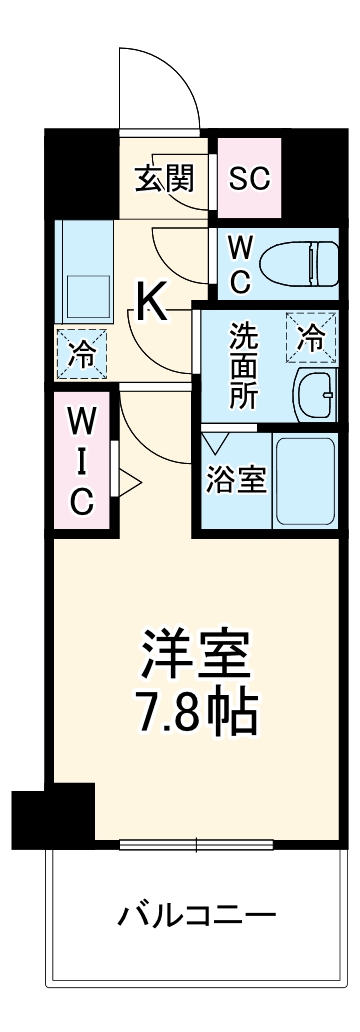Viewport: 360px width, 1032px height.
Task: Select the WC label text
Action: tap(241, 263)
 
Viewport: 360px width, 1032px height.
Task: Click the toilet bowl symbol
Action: tap(299, 263)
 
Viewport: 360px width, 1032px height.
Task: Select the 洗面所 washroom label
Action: tap(243, 365)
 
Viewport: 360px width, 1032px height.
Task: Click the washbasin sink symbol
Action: tap(317, 394)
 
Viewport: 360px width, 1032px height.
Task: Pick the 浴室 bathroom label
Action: tap(236, 479)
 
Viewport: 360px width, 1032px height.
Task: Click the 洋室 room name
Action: tap(196, 658)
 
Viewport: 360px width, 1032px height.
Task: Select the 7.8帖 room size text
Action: tap(196, 712)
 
